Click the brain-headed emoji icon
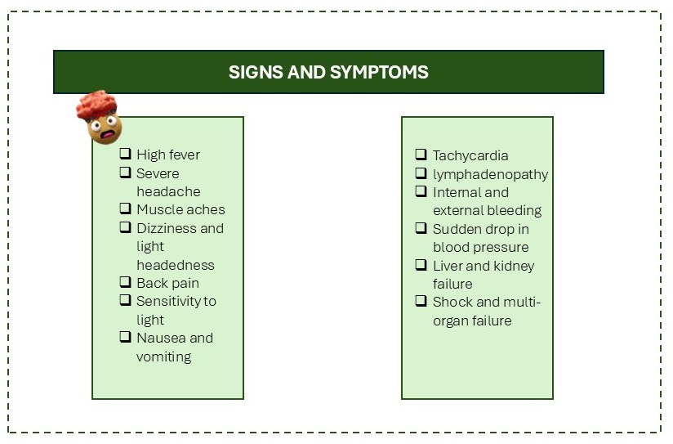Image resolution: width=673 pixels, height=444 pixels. click(x=100, y=117)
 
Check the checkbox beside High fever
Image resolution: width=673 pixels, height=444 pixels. click(x=126, y=154)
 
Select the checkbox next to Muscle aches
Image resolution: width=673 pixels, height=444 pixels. click(x=126, y=209)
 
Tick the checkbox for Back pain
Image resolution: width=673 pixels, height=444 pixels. click(x=126, y=282)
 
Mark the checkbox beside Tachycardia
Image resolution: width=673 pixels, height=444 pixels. click(x=421, y=155)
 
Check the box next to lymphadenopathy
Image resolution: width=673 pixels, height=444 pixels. click(x=421, y=173)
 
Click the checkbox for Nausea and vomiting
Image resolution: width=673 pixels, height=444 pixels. click(x=126, y=337)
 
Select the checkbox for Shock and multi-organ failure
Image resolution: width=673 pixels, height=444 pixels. click(x=421, y=301)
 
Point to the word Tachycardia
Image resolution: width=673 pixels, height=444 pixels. click(x=470, y=155)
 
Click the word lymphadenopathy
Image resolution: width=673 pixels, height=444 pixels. click(x=490, y=174)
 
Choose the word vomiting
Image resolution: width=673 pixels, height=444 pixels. click(x=163, y=357)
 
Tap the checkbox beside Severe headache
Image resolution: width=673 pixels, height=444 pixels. click(x=126, y=173)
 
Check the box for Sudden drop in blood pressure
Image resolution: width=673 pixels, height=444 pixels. click(x=421, y=228)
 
